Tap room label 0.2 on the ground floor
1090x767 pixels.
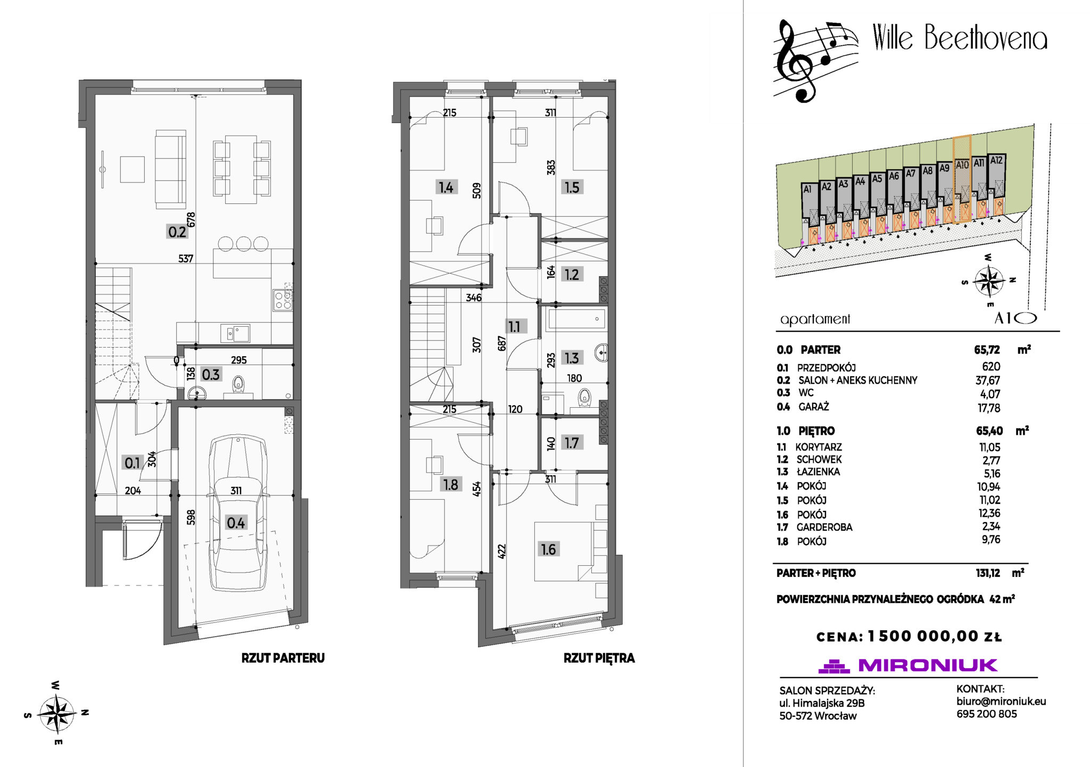coord(177,232)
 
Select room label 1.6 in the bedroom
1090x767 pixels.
coord(548,549)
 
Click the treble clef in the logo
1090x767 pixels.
coord(795,61)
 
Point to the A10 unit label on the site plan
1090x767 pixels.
coord(962,165)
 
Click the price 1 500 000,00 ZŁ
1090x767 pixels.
coord(935,636)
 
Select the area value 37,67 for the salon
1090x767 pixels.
coord(988,381)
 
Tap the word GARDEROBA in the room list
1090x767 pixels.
coord(824,527)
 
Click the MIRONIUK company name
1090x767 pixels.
coord(928,665)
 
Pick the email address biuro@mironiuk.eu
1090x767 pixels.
coord(1001,702)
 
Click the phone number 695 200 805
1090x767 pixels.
coord(986,714)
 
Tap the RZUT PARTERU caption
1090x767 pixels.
coord(283,658)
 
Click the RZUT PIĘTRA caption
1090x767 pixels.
coord(599,658)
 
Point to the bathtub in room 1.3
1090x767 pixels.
coord(576,319)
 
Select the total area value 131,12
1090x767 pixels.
coord(988,573)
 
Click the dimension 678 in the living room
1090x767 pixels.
coord(191,219)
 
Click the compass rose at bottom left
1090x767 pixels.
coord(57,713)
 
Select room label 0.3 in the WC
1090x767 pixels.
coord(211,375)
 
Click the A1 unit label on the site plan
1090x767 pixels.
coord(807,189)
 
